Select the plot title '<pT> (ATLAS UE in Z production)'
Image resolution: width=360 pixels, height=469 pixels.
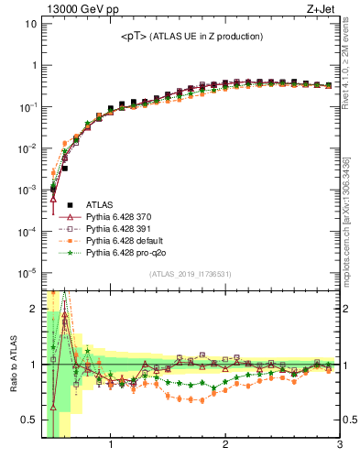pyautogui.click(x=191, y=37)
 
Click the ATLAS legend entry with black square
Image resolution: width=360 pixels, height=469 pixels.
pyautogui.click(x=100, y=205)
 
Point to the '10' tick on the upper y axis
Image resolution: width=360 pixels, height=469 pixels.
pyautogui.click(x=30, y=24)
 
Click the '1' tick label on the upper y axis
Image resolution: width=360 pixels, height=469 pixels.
pyautogui.click(x=33, y=65)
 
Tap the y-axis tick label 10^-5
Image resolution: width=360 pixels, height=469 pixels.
pyautogui.click(x=28, y=273)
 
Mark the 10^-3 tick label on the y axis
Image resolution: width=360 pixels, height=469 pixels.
pyautogui.click(x=28, y=190)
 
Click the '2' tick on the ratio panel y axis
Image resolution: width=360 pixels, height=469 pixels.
pyautogui.click(x=33, y=309)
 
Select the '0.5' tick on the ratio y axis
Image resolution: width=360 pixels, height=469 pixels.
pyautogui.click(x=29, y=420)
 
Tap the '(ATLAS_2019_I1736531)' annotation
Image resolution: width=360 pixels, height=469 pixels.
pyautogui.click(x=191, y=275)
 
